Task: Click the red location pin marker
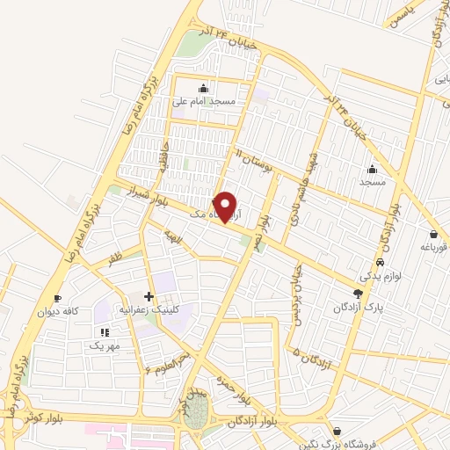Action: [227, 207]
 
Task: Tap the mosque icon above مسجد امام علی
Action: [205, 87]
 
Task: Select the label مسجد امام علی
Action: [205, 101]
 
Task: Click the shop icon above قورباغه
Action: [434, 234]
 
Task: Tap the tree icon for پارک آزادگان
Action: [357, 293]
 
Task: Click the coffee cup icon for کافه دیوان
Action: [58, 299]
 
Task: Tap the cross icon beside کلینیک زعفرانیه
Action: [149, 296]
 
